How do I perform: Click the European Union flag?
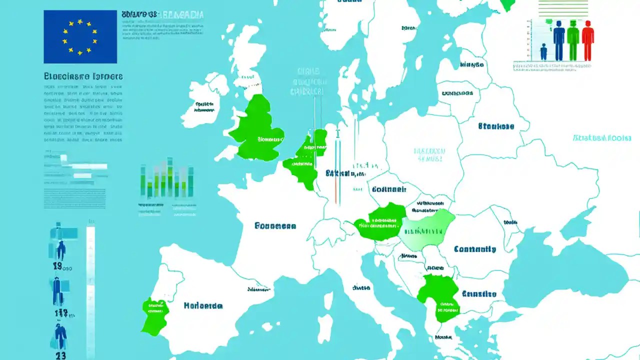(x=80, y=37)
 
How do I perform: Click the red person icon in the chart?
(x=587, y=40)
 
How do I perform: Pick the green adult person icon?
(x=573, y=40)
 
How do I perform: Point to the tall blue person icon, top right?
(x=559, y=40)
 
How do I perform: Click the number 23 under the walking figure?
(x=60, y=355)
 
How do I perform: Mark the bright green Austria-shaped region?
(x=381, y=222)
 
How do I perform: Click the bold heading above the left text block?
(x=83, y=77)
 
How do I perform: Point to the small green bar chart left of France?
(x=167, y=179)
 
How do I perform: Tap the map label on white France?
(x=275, y=226)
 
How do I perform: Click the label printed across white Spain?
(x=203, y=305)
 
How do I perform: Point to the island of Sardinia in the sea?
(x=325, y=327)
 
